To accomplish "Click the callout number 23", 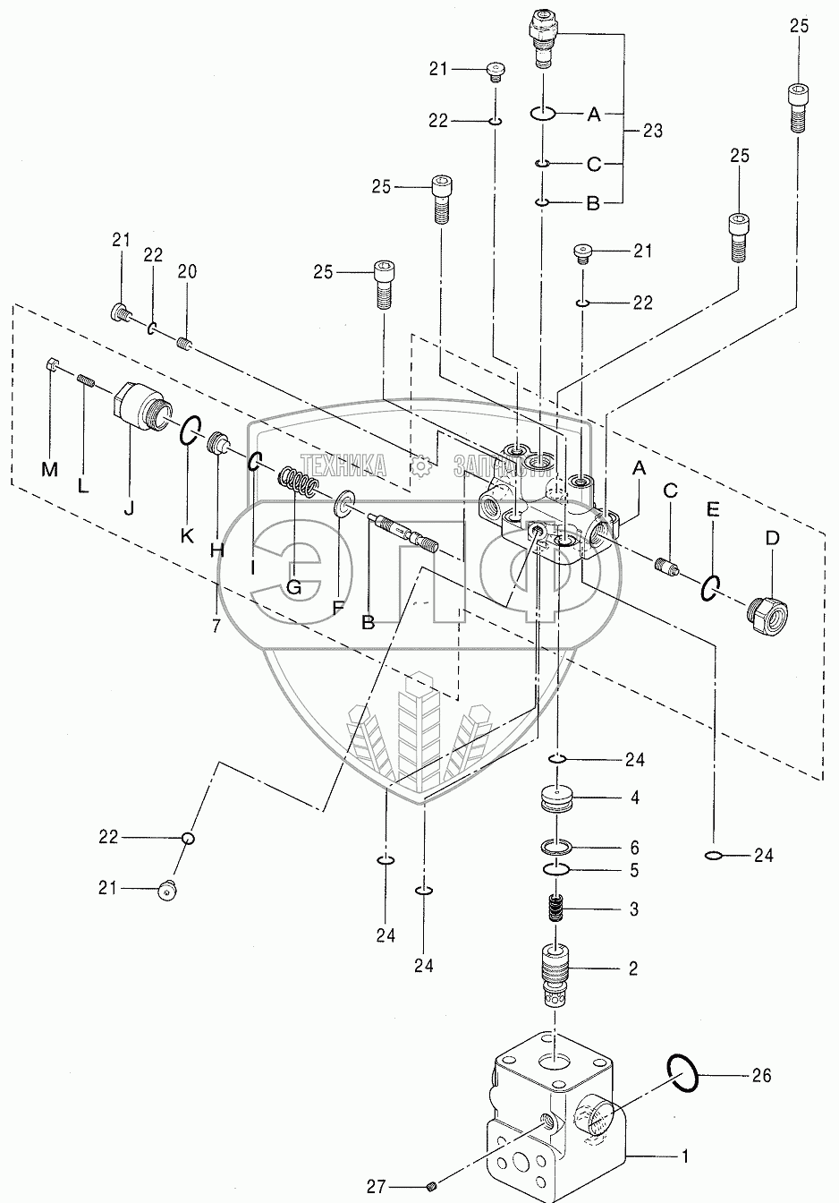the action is (x=653, y=131).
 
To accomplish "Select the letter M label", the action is (x=49, y=470).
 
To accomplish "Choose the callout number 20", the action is (x=187, y=272).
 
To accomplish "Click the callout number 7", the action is (x=216, y=626).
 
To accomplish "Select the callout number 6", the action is (x=634, y=848).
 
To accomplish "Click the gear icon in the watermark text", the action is (x=419, y=465).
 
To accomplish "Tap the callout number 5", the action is (x=634, y=871).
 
